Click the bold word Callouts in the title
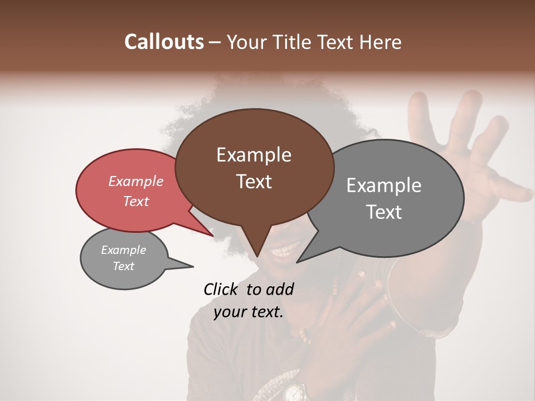pyautogui.click(x=164, y=42)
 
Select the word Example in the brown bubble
pyautogui.click(x=254, y=155)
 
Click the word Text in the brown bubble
pyautogui.click(x=254, y=182)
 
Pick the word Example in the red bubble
pyautogui.click(x=135, y=181)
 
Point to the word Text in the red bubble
pyautogui.click(x=135, y=201)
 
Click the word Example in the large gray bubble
pyautogui.click(x=384, y=185)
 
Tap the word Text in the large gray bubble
pyautogui.click(x=384, y=212)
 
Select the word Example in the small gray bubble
pyautogui.click(x=123, y=250)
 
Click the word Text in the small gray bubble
pyautogui.click(x=123, y=266)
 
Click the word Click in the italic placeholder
pyautogui.click(x=222, y=289)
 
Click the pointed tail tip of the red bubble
pyautogui.click(x=213, y=236)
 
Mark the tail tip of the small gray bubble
pyautogui.click(x=193, y=266)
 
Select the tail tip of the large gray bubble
pyautogui.click(x=297, y=262)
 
